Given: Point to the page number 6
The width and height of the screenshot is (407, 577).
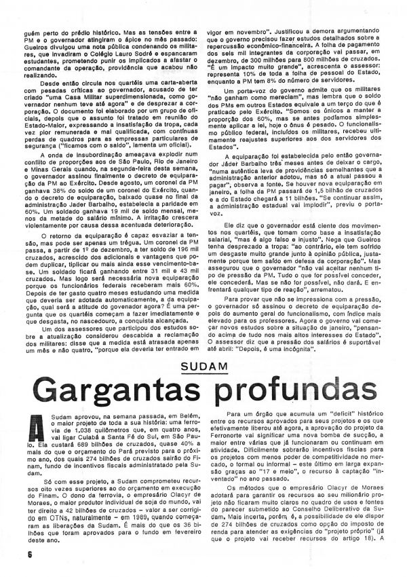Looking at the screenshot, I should [13, 554].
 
